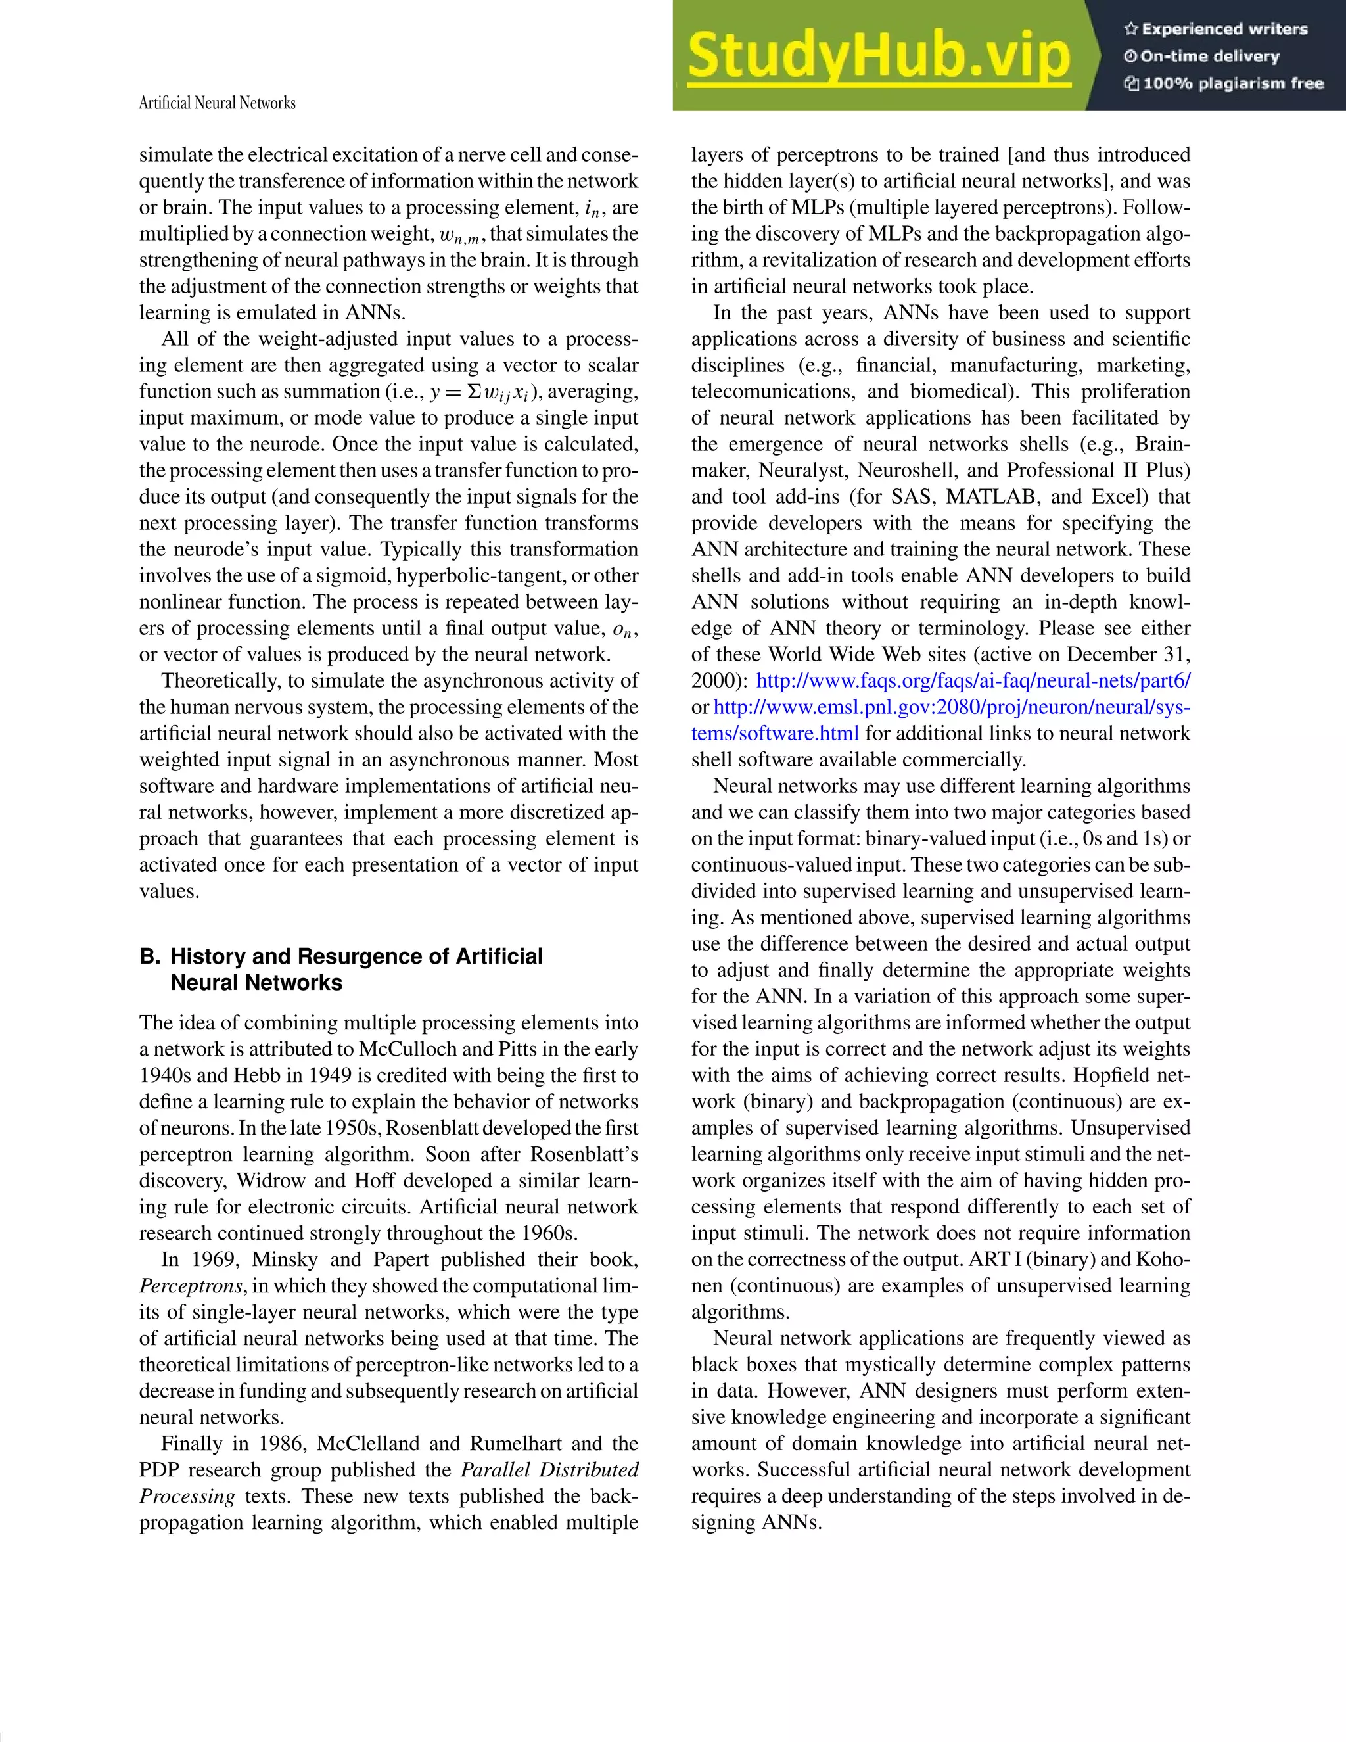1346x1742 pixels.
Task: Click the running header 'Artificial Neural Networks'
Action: (217, 103)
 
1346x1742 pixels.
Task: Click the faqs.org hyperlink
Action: (973, 681)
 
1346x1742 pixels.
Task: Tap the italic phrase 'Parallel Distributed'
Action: (550, 1470)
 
